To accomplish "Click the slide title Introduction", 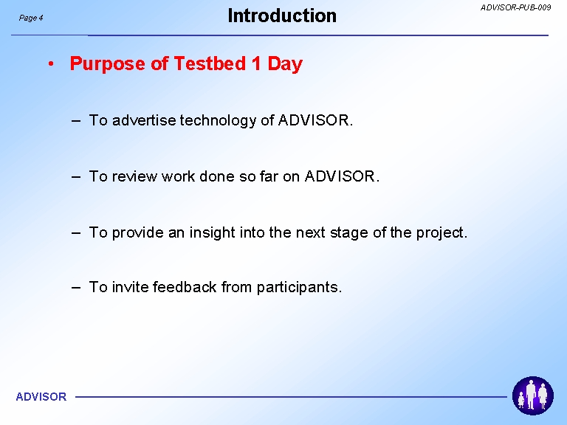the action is pos(282,16).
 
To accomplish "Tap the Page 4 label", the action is pos(31,18).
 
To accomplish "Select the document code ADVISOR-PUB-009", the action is pos(515,7).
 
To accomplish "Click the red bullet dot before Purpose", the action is pos(51,64).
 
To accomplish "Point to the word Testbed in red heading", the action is pos(210,63).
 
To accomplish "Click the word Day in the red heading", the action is pos(285,64).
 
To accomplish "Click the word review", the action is pos(134,176).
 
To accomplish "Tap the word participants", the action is pos(299,288).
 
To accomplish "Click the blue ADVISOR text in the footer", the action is pos(41,397).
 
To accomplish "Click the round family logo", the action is pos(532,395).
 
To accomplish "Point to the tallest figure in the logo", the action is pos(531,395).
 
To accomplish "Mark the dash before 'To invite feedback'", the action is pos(76,288).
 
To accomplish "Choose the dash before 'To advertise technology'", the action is pos(76,121).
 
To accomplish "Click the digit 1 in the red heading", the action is pos(256,63).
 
